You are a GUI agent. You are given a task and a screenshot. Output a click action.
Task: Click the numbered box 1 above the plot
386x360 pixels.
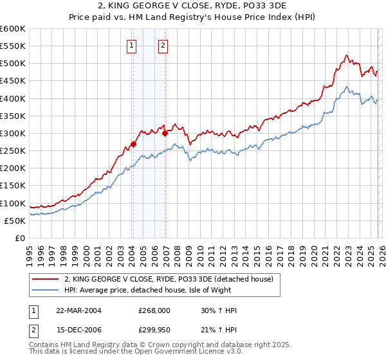[132, 45]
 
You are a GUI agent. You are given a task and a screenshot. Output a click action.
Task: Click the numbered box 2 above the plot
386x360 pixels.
[163, 45]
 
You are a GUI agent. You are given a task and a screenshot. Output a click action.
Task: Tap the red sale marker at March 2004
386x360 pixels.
[133, 145]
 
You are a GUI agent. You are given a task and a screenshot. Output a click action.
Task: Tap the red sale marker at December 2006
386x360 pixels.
[165, 134]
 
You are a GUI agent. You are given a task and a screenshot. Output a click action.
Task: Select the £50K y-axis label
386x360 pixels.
[15, 221]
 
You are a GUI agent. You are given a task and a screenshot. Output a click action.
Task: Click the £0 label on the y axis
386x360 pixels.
[19, 238]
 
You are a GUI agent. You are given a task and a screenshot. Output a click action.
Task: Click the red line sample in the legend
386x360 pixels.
[46, 279]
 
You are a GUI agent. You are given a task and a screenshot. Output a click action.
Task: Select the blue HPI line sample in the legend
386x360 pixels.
[46, 290]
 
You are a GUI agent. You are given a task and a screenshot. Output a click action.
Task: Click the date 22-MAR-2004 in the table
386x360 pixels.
[78, 310]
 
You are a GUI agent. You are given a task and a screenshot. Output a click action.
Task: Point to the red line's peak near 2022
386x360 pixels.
[347, 55]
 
